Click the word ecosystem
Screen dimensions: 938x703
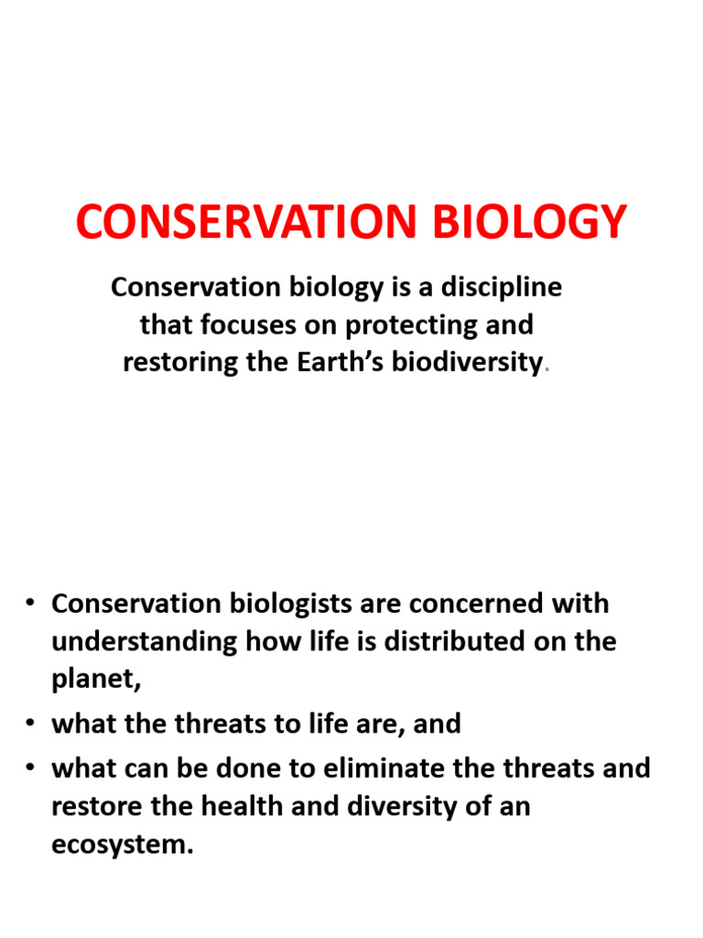(x=120, y=844)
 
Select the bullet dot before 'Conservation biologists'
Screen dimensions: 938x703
(x=30, y=605)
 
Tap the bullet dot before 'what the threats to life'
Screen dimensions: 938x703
(x=30, y=725)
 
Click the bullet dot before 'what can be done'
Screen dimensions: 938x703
(x=30, y=769)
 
